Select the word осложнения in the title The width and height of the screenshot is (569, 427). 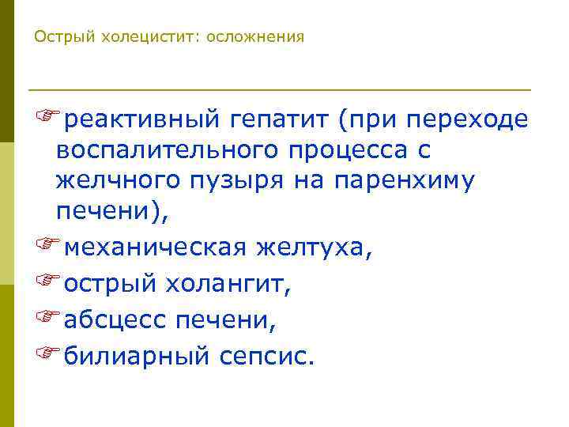click(254, 37)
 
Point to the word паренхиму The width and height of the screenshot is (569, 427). click(404, 181)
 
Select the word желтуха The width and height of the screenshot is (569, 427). click(312, 249)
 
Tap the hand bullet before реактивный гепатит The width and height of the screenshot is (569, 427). click(47, 119)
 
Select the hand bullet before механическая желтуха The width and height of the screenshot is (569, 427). click(47, 248)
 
